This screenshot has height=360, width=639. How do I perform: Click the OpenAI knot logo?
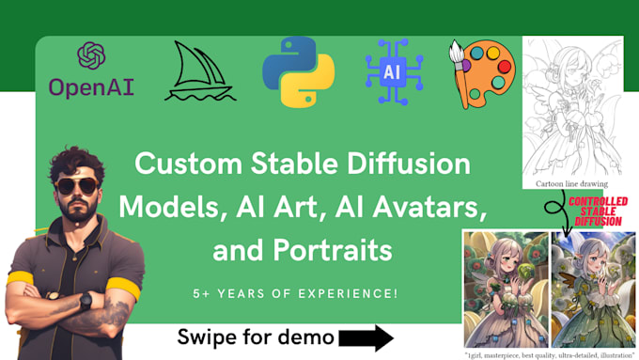tap(91, 55)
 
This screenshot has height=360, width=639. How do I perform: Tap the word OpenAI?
tap(91, 86)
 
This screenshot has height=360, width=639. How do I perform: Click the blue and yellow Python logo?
tap(300, 70)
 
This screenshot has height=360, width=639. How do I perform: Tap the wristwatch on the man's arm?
tap(86, 302)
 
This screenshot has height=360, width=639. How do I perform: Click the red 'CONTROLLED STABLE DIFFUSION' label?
tap(596, 212)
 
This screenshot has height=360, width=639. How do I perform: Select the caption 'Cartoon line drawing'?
tap(572, 184)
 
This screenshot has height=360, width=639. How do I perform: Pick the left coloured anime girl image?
tap(506, 289)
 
